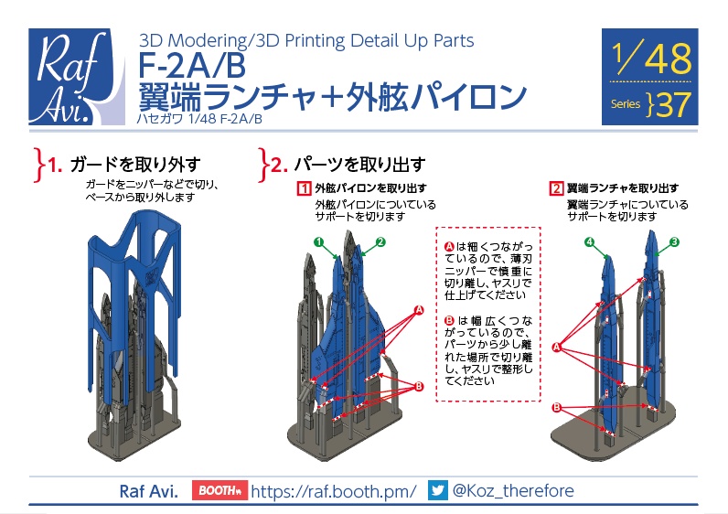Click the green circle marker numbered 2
pos(380,242)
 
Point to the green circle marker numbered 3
pos(674,242)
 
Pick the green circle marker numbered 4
pos(590,242)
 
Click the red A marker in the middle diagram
pos(419,311)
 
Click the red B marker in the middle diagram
pos(419,387)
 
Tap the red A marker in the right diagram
pos(556,347)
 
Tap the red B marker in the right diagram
pos(556,407)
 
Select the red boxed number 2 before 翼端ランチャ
pos(556,189)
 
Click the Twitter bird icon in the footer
pos(438,491)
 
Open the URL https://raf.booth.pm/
pos(333,491)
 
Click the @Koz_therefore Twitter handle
pos(513,491)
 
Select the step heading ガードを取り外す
pos(134,165)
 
